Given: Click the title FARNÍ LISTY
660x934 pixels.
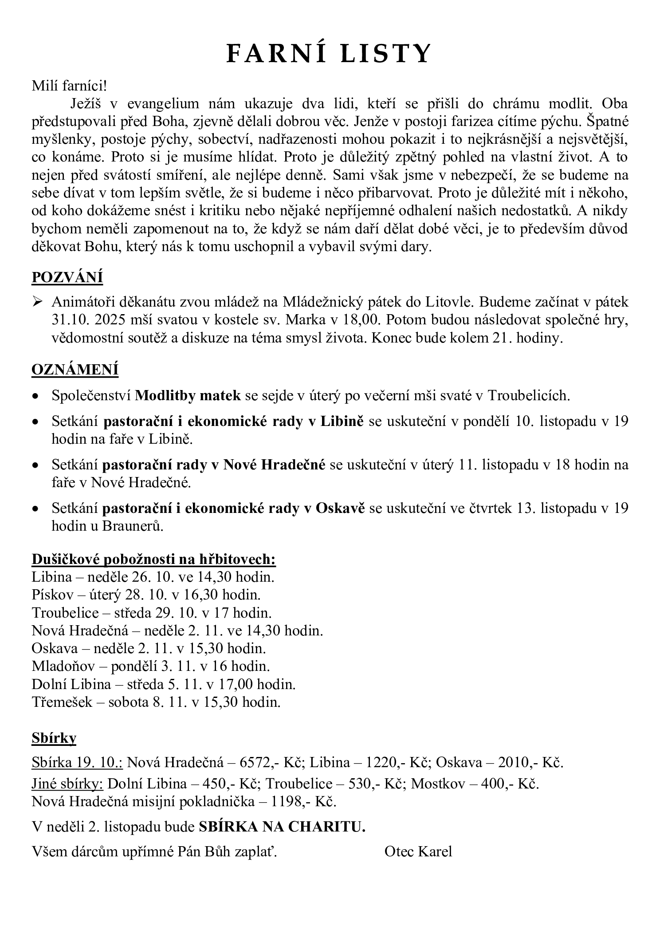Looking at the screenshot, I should [x=329, y=54].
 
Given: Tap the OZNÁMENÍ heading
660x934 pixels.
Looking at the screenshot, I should [x=75, y=370].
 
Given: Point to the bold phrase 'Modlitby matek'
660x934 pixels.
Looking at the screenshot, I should [x=188, y=395].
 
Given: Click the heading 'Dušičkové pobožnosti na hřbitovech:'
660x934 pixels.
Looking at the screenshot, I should [x=153, y=559].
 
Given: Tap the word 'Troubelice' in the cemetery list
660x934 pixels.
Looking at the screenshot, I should [x=65, y=613].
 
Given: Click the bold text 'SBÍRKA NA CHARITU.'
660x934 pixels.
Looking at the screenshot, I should [x=282, y=827].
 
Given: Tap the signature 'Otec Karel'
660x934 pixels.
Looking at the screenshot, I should [x=418, y=851].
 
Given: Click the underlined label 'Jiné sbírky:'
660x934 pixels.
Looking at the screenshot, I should [x=67, y=784].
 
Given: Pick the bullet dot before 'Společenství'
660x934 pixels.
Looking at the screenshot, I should [x=36, y=396].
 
